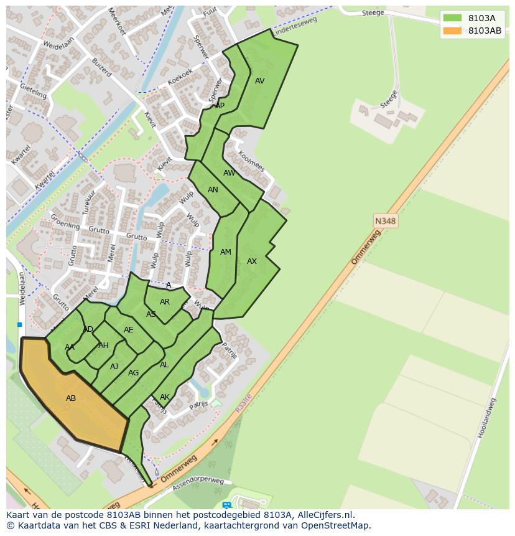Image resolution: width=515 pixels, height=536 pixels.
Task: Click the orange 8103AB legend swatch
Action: tap(452, 31)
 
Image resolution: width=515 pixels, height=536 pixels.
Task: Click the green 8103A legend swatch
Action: tap(452, 17)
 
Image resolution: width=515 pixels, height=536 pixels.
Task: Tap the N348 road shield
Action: tap(385, 221)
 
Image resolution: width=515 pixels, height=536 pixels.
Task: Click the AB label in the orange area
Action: tap(71, 398)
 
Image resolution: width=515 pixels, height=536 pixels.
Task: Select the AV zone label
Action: tap(260, 81)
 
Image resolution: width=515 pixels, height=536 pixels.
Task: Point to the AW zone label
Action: tap(230, 173)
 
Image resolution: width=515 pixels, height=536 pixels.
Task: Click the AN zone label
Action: tap(213, 190)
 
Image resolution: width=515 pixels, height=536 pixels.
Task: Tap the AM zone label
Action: tap(226, 252)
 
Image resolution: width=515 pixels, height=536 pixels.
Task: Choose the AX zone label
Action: tap(252, 261)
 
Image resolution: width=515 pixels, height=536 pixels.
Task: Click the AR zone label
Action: tap(165, 302)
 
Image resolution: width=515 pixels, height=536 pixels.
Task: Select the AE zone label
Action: tap(129, 330)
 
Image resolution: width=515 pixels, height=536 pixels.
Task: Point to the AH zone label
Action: tap(103, 346)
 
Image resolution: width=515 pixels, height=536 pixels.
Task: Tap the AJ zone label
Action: tap(114, 367)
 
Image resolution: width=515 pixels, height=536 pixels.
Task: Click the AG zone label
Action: tap(133, 373)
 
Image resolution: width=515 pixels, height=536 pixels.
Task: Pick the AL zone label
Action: tap(164, 365)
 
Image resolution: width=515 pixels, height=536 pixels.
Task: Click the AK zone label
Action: tap(165, 397)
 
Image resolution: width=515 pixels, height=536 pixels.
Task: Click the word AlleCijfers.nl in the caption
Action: tap(324, 515)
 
